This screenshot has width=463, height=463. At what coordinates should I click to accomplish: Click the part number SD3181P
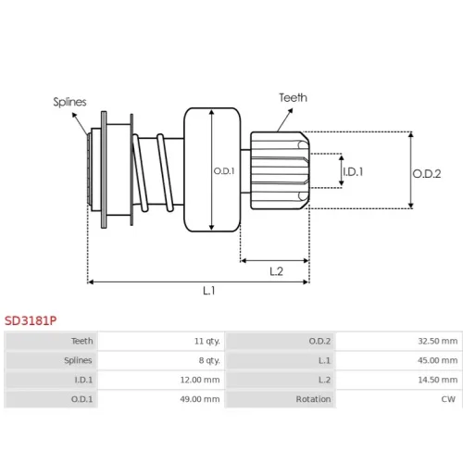(31, 320)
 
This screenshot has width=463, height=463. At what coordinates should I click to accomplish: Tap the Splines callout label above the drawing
(69, 102)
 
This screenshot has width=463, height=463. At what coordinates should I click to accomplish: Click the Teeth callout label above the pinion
(294, 98)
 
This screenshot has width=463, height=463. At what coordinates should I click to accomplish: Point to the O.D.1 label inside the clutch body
(224, 170)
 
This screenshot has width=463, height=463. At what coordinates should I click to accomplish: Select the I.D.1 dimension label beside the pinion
(353, 171)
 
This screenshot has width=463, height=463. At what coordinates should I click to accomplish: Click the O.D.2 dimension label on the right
(427, 174)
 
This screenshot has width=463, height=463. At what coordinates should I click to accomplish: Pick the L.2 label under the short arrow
(276, 271)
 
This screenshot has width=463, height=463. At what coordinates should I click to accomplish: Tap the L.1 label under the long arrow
(209, 291)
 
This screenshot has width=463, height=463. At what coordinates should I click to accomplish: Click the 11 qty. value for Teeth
(207, 341)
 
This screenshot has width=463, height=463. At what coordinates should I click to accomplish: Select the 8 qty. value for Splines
(209, 360)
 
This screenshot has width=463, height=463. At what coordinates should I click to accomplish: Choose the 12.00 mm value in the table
(200, 380)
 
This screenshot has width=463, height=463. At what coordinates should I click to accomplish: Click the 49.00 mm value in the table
(200, 399)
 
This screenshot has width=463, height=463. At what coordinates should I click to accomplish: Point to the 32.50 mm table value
(438, 341)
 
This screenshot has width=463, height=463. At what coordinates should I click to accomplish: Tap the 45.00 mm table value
(438, 360)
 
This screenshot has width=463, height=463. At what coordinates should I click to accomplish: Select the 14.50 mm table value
(438, 380)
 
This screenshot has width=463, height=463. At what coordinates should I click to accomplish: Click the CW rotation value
(448, 399)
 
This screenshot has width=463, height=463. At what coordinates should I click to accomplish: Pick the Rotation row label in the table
(313, 399)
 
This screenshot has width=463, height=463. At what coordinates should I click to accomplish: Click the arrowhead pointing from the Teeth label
(290, 111)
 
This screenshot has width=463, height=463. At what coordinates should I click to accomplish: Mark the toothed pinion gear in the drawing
(280, 170)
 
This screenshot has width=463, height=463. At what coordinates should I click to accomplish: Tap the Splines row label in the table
(78, 360)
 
